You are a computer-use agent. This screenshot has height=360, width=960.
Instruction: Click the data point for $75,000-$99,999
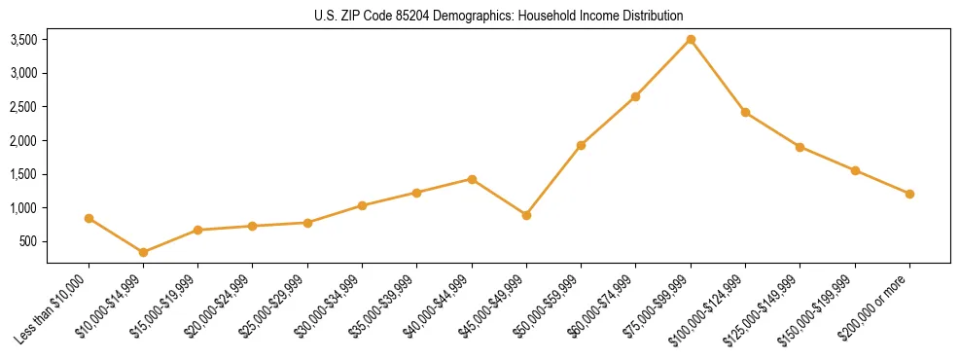[x=691, y=39]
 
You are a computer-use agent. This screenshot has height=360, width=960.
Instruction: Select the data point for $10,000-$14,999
[x=143, y=252]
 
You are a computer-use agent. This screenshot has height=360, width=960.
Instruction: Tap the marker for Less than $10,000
[x=89, y=218]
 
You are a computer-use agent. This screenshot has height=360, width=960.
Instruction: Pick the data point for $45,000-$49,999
[x=526, y=215]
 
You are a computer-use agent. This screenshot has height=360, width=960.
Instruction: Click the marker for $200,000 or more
[x=909, y=194]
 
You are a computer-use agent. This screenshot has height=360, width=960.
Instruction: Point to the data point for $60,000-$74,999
[x=635, y=96]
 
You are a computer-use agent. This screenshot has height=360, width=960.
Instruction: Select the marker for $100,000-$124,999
[x=745, y=112]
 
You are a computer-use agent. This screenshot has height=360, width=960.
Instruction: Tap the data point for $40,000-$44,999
[x=472, y=179]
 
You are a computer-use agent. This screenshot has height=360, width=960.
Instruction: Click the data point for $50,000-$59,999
[x=581, y=145]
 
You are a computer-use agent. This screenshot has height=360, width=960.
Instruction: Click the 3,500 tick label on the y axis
[x=23, y=40]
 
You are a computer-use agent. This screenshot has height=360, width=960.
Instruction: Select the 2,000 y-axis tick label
[x=23, y=140]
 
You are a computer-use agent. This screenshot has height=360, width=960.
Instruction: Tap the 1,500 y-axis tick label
[x=23, y=174]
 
